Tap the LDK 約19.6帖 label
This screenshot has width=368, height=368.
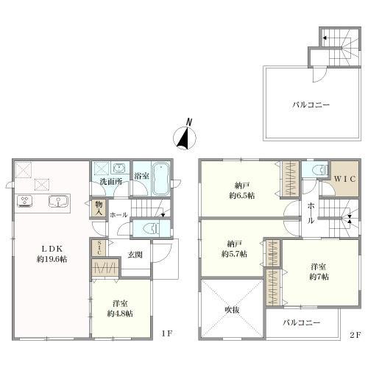pos(52,254)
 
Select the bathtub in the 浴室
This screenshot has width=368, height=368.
pos(161,178)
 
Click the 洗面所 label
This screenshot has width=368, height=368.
pos(111,182)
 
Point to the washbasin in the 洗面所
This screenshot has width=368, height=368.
pos(119,168)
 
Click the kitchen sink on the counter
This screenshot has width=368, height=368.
pos(58,202)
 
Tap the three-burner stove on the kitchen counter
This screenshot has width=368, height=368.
pos(26,202)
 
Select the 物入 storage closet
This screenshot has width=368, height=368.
pos(99,208)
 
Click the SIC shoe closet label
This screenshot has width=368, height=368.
pos(99,247)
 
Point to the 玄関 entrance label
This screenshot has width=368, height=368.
pos(135,255)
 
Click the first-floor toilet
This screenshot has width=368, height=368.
pos(152,229)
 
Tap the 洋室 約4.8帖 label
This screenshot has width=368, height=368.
pos(120,308)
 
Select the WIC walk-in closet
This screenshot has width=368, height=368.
pos(344,179)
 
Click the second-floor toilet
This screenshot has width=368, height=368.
pos(320,169)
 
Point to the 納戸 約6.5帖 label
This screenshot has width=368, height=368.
pos(241,191)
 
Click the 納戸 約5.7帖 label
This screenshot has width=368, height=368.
pos(234,249)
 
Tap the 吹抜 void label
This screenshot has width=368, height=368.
pos(232,310)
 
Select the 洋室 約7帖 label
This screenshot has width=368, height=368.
pos(319,272)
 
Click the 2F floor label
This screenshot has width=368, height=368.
pos(355,335)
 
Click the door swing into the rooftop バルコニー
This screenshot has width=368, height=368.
pos(319,74)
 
